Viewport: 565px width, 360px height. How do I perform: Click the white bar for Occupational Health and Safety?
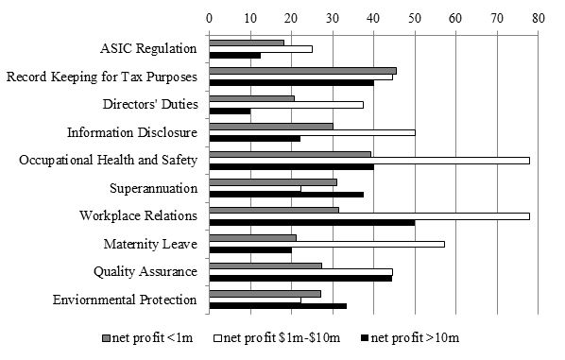[368, 160]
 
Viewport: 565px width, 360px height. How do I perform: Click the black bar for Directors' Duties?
[230, 111]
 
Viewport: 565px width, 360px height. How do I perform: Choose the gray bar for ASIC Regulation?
[246, 43]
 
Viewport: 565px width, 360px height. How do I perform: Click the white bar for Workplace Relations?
[368, 215]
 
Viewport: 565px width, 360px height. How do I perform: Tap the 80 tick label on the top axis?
[538, 17]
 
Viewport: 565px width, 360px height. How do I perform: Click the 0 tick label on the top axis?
[209, 17]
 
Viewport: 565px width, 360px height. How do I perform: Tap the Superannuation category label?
[153, 188]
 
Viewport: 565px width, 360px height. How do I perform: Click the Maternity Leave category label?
[150, 244]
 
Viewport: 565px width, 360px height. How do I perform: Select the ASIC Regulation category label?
[148, 49]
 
